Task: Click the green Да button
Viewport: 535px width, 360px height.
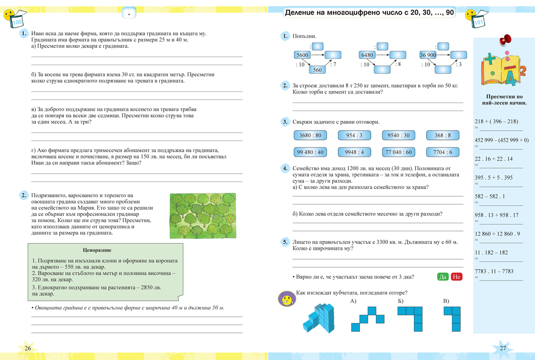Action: tap(443, 277)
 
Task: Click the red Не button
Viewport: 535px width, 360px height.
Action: tap(457, 277)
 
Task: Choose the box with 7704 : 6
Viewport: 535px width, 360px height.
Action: tap(442, 152)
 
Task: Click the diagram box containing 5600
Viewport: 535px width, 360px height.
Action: tap(302, 55)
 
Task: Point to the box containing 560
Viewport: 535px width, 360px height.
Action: tap(317, 70)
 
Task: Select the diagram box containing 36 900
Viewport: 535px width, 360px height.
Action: tap(428, 55)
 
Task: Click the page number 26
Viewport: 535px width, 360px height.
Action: tap(28, 348)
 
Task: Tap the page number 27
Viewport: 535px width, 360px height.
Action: tap(503, 348)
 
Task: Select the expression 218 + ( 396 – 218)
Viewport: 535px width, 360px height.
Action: tap(496, 121)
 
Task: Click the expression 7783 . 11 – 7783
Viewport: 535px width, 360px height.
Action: tap(494, 271)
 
